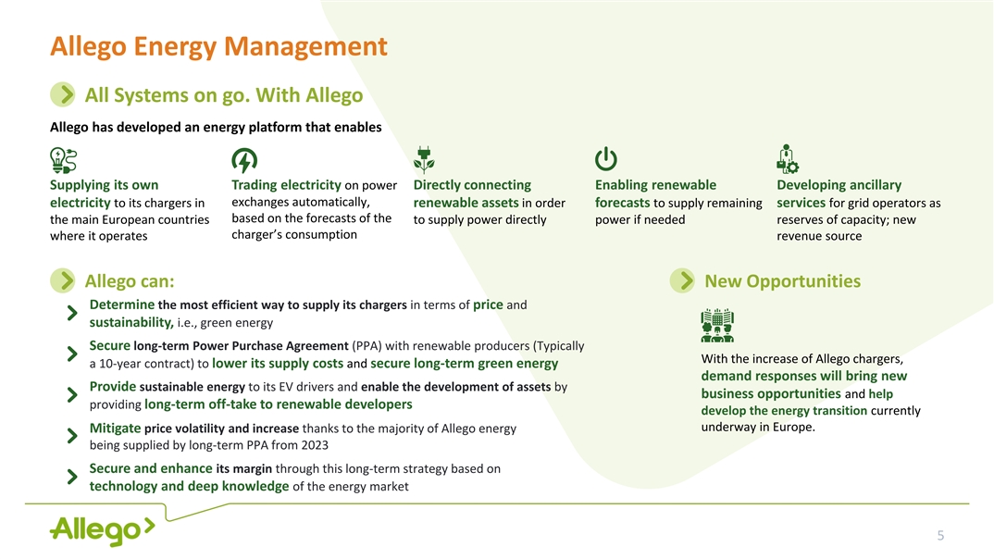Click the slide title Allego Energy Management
[218, 47]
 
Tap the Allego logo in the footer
[102, 530]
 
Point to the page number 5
[940, 536]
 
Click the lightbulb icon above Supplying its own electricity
[63, 160]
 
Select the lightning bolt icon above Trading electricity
[244, 160]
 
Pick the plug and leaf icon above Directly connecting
[424, 160]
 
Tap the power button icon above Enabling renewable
[606, 159]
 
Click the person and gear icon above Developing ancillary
[788, 159]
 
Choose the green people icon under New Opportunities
[717, 326]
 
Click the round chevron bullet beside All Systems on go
[63, 94]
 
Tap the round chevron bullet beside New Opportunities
[683, 280]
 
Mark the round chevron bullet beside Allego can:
[63, 280]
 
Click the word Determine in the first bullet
[122, 304]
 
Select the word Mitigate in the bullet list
[115, 429]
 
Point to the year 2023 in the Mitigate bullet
[315, 445]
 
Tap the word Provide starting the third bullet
[113, 387]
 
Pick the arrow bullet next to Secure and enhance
[72, 477]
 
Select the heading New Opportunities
[783, 280]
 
